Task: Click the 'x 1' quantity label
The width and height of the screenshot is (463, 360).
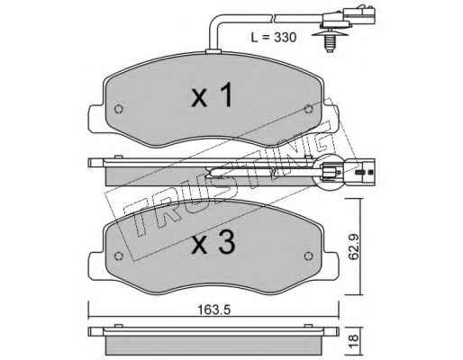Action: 212,94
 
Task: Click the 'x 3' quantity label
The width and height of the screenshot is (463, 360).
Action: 213,242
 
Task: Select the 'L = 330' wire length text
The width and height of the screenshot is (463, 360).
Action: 274,38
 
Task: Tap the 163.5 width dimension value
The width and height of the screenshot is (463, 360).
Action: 213,310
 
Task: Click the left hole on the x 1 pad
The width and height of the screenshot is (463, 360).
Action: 119,109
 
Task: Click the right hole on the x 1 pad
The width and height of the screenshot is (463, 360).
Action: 308,109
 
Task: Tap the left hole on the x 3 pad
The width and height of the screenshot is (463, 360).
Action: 119,256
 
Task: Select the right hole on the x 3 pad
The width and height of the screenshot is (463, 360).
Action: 308,256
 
